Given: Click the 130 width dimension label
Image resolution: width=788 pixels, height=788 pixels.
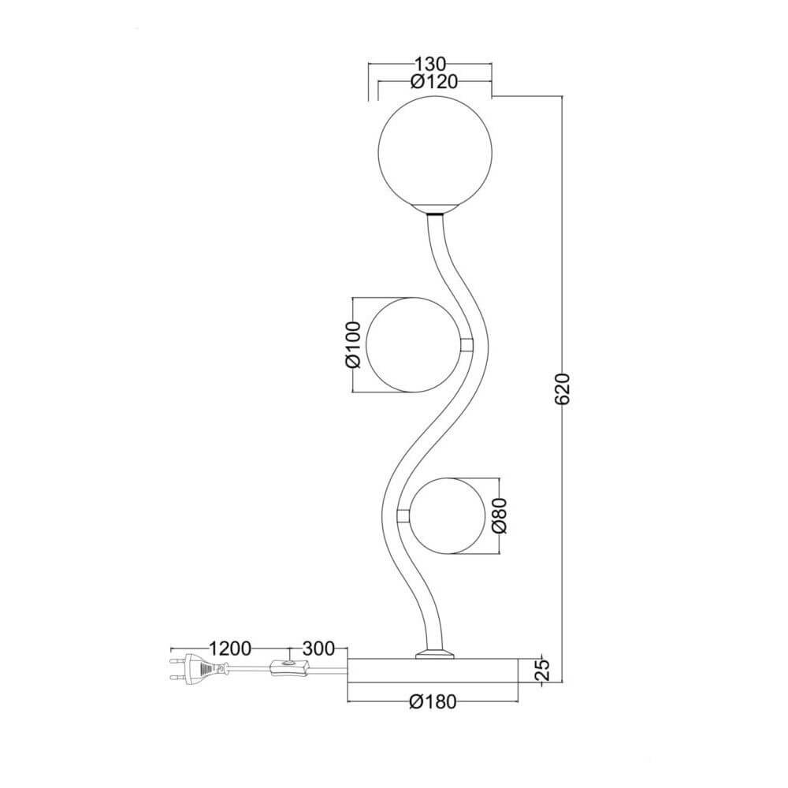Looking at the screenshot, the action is [x=430, y=65].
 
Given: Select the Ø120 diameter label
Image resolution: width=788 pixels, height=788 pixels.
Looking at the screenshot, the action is [x=434, y=81].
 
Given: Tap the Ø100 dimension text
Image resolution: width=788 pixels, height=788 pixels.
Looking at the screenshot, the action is [x=353, y=345].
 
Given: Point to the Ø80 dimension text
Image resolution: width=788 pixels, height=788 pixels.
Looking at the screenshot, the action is [x=500, y=515].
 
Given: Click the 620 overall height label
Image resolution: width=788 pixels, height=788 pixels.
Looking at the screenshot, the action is [x=563, y=388].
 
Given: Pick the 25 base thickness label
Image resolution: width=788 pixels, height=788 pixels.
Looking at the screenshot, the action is [x=542, y=669].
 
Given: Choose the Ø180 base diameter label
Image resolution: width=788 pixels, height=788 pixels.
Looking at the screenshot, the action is [x=433, y=701].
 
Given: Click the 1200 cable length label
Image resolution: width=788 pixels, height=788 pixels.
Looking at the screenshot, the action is [x=229, y=649].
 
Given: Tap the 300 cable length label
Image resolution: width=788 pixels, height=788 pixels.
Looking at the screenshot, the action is [x=318, y=649].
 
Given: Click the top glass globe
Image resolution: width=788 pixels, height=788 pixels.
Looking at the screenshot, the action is [x=435, y=153].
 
